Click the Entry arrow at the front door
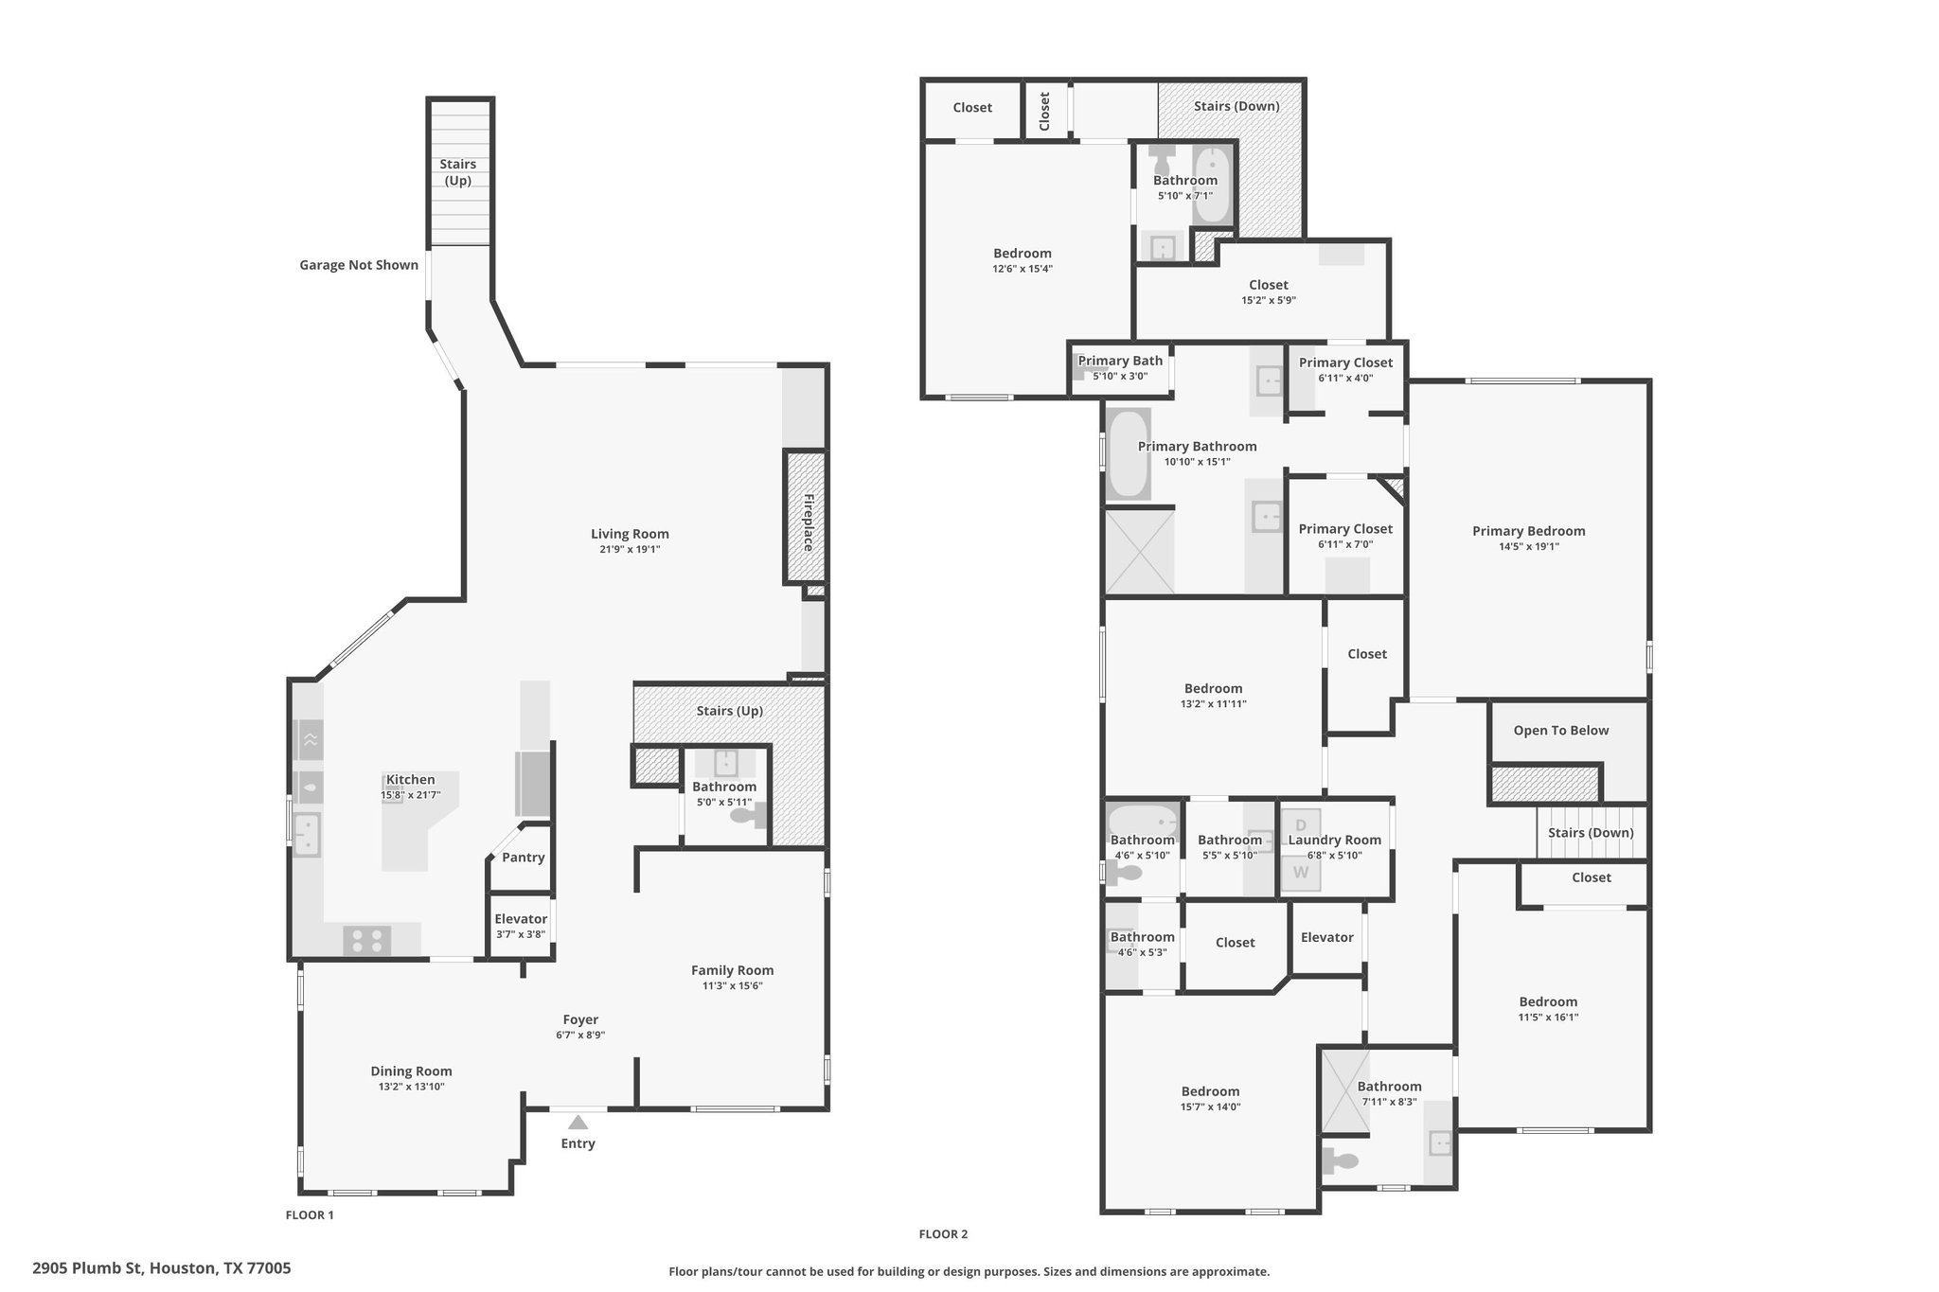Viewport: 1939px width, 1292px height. click(578, 1123)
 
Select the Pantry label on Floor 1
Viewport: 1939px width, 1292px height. click(524, 858)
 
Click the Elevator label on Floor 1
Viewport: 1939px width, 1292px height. click(521, 919)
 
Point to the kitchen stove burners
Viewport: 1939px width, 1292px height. click(366, 941)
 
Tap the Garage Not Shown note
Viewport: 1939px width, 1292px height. click(359, 265)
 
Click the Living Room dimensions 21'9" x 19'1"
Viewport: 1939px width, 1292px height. click(630, 549)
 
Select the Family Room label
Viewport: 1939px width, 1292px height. click(732, 970)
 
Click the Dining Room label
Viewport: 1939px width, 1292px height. click(411, 1071)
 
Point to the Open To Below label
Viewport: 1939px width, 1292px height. click(1561, 731)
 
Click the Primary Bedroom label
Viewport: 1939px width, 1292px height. click(1528, 531)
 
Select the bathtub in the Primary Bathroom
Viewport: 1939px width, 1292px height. click(1128, 454)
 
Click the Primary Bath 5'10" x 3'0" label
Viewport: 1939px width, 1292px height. click(1120, 367)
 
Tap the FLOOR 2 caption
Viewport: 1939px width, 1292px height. click(943, 1234)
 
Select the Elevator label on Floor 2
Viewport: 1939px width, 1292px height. click(1326, 937)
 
